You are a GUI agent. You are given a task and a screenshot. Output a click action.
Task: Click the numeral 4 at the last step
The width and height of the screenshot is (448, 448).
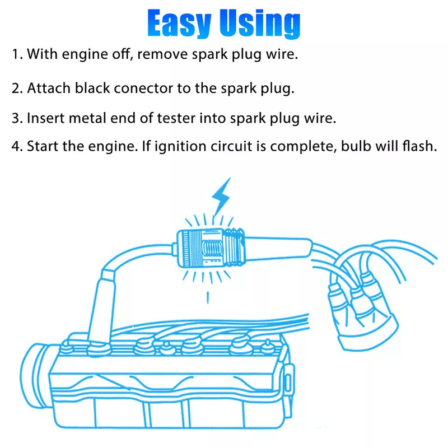tap(16, 147)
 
